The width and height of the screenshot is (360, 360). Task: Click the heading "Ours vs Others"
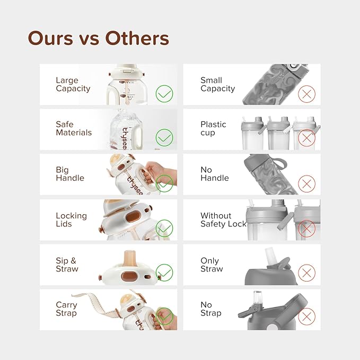pyautogui.click(x=99, y=38)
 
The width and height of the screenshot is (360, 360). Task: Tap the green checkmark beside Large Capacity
pyautogui.click(x=164, y=94)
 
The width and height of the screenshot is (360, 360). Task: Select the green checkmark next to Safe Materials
pyautogui.click(x=164, y=137)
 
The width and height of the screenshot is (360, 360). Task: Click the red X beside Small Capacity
pyautogui.click(x=307, y=94)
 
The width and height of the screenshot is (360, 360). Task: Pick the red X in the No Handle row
pyautogui.click(x=307, y=183)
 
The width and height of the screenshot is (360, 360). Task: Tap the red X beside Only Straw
pyautogui.click(x=307, y=273)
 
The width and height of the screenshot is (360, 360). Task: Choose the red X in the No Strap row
pyautogui.click(x=307, y=317)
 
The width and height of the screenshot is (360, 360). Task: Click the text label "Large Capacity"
pyautogui.click(x=73, y=84)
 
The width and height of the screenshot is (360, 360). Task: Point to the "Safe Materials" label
pyautogui.click(x=74, y=128)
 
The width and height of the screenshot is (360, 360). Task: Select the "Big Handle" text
pyautogui.click(x=70, y=174)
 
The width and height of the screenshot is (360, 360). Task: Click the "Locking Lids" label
pyautogui.click(x=72, y=219)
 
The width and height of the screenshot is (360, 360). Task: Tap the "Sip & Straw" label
pyautogui.click(x=67, y=265)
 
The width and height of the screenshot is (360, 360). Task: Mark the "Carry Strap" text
pyautogui.click(x=67, y=309)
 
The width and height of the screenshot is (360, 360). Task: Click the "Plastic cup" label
pyautogui.click(x=213, y=128)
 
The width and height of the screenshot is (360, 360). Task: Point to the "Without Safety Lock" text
pyautogui.click(x=223, y=219)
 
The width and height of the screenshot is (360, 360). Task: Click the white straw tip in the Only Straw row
pyautogui.click(x=269, y=255)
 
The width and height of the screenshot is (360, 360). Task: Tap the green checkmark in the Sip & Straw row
pyautogui.click(x=164, y=273)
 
